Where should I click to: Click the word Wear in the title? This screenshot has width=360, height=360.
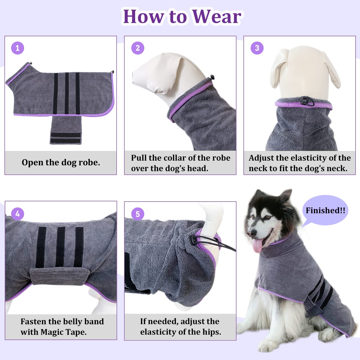point(217,17)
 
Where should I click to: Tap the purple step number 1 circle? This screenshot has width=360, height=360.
point(17,48)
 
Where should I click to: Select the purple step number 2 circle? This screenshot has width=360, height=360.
point(138,48)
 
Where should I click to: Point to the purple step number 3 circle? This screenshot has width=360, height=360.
point(257,48)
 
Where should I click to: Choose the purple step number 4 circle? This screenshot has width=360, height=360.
point(18,214)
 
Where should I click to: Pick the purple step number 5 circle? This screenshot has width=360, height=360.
point(138,214)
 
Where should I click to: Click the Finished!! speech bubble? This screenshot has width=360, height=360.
point(325,210)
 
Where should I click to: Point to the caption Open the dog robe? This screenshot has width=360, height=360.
point(61,163)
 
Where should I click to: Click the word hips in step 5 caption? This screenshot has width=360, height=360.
point(210,332)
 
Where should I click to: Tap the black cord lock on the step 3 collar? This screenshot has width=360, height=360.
point(307,101)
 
